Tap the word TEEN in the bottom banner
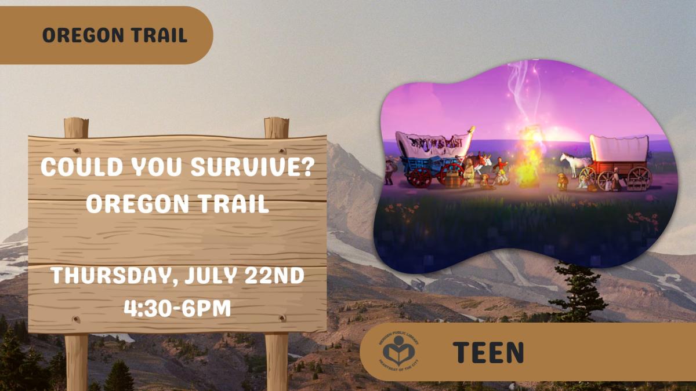[488, 352]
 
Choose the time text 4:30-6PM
[177, 308]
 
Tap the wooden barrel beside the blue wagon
[452, 180]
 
